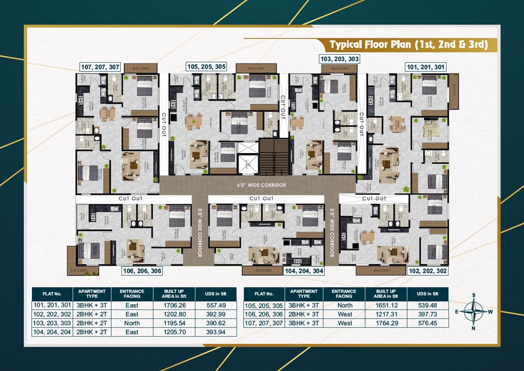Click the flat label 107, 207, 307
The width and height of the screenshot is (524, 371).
[x=100, y=67]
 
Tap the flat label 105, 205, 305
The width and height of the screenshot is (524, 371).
[x=206, y=67]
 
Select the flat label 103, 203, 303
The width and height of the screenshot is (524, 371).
[x=339, y=59]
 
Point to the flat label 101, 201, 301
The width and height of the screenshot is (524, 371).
[x=425, y=67]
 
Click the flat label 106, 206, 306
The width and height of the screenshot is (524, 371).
[x=142, y=271]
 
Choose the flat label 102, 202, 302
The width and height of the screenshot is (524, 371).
[x=427, y=271]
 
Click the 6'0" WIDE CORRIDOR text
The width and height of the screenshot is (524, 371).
[x=261, y=185]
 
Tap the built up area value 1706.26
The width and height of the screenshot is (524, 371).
[x=174, y=305]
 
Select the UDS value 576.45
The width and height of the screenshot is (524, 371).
[x=427, y=323]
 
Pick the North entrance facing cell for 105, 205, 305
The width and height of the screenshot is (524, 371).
[x=344, y=305]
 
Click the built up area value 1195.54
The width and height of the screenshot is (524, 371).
[x=174, y=323]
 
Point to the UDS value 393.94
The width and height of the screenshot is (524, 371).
[x=216, y=332]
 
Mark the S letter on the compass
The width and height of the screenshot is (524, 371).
[x=474, y=295]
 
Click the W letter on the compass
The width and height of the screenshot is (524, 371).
[x=490, y=312]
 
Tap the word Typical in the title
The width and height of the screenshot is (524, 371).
[x=346, y=45]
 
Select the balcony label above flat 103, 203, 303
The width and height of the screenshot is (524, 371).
[x=340, y=69]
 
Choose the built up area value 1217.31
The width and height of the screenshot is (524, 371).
[x=387, y=314]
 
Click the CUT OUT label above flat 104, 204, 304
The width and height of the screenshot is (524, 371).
[x=261, y=198]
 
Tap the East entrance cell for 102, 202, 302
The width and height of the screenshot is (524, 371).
[x=132, y=314]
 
